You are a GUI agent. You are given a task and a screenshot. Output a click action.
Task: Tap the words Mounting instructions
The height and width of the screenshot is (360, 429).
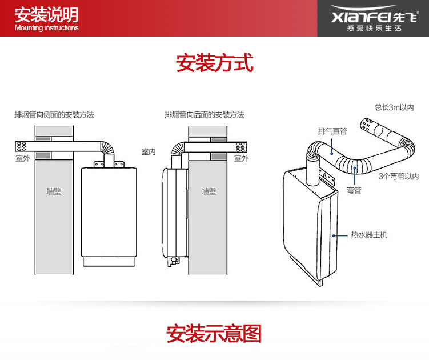[x=46, y=28]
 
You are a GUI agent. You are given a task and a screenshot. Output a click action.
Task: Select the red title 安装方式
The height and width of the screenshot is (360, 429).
[x=214, y=62]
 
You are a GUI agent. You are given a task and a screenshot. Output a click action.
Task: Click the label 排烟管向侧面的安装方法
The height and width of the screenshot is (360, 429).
[x=54, y=114]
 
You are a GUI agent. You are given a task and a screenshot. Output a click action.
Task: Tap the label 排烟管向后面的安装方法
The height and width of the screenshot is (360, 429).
[x=204, y=114]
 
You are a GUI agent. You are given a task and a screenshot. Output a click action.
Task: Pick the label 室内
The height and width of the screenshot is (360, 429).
[x=149, y=152]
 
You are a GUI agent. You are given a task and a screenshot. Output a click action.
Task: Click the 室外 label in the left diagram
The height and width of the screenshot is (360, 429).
[x=23, y=158]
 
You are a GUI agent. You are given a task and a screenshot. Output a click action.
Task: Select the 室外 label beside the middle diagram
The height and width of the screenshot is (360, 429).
[x=241, y=158]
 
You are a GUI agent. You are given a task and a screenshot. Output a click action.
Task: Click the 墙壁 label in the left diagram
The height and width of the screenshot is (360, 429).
[x=54, y=191]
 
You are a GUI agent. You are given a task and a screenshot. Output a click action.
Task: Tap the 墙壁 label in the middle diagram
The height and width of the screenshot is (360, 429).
[x=209, y=191]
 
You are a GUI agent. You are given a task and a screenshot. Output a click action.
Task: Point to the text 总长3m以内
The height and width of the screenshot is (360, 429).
[x=394, y=107]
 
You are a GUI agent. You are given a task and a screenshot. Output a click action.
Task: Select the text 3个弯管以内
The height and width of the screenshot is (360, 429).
[x=399, y=177]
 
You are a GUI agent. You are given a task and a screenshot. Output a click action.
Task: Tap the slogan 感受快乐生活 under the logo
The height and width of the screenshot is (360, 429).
[x=374, y=27]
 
